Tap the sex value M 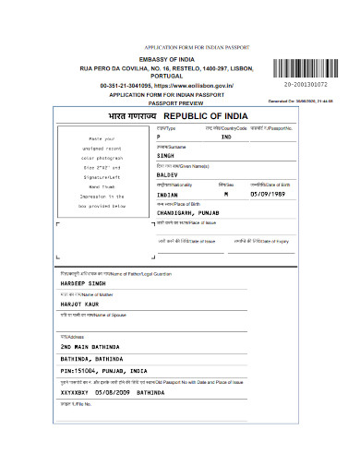point(225,196)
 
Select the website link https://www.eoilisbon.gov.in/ point(198,85)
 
